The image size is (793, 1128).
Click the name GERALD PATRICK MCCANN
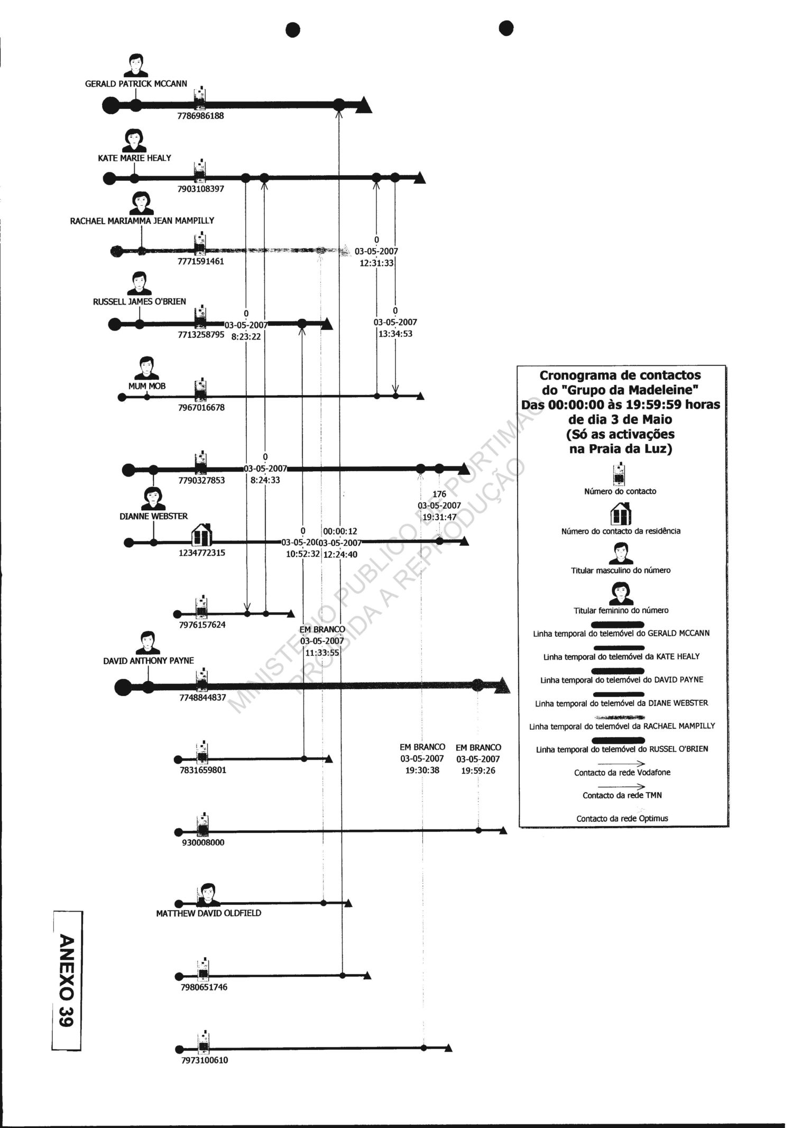[136, 84]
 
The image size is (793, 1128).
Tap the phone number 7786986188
[200, 116]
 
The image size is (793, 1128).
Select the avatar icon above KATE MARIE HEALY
[135, 140]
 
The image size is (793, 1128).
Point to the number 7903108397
[200, 189]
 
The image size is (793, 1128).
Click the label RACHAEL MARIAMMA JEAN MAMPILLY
[142, 221]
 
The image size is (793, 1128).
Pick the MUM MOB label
[147, 386]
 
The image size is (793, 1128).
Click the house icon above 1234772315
[201, 535]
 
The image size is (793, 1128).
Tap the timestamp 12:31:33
[376, 263]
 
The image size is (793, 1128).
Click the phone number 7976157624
[202, 625]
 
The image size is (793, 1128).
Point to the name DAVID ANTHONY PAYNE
[149, 661]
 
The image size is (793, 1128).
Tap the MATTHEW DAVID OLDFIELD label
[208, 913]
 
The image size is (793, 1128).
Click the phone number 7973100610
[205, 1060]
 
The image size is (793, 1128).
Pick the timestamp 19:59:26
[478, 771]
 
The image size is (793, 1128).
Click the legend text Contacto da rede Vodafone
[622, 773]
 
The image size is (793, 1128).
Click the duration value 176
[439, 494]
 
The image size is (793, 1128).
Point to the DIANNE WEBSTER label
[153, 516]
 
